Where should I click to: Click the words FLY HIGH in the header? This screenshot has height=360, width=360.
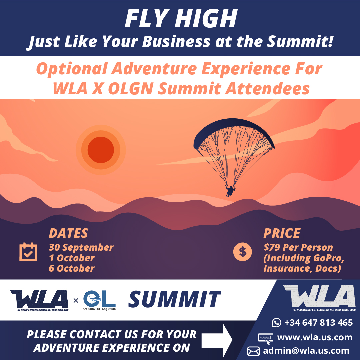pyautogui.click(x=181, y=19)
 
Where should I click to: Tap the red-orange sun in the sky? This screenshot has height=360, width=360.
pyautogui.click(x=101, y=150)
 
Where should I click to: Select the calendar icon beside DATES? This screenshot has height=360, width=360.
pyautogui.click(x=28, y=252)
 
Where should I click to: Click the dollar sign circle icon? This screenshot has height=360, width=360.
pyautogui.click(x=242, y=252)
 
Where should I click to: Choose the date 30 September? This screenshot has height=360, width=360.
pyautogui.click(x=81, y=247)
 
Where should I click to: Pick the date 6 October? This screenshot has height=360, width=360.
pyautogui.click(x=72, y=268)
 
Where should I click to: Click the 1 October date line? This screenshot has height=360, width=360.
pyautogui.click(x=72, y=258)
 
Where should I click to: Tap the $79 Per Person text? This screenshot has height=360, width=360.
pyautogui.click(x=298, y=247)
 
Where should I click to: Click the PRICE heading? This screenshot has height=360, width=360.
pyautogui.click(x=282, y=233)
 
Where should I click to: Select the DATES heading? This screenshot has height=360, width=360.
pyautogui.click(x=68, y=233)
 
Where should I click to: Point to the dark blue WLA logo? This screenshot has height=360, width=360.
pyautogui.click(x=39, y=300)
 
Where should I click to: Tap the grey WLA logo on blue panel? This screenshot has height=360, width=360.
pyautogui.click(x=320, y=298)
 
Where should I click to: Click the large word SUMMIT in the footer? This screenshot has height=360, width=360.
pyautogui.click(x=174, y=299)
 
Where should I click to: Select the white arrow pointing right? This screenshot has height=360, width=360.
pyautogui.click(x=217, y=340)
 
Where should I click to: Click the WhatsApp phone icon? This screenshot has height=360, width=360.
pyautogui.click(x=277, y=323)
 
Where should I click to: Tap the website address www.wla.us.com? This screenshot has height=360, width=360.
pyautogui.click(x=315, y=337)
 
